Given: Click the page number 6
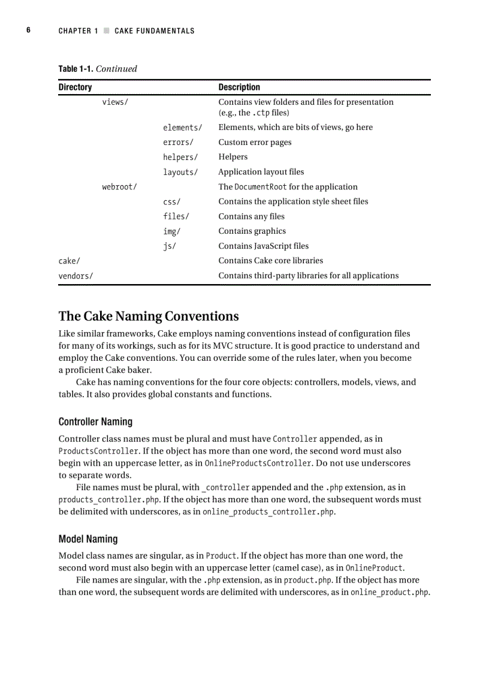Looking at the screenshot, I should [x=28, y=31].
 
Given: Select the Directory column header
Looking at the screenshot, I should [x=75, y=87].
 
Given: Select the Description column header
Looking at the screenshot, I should [x=239, y=87].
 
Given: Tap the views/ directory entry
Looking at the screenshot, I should [x=115, y=102].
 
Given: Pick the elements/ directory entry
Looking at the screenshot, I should [x=182, y=128].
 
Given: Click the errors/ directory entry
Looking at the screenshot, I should [x=178, y=143].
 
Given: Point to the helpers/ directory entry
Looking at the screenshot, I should [x=180, y=157].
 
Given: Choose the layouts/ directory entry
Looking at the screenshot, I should [x=180, y=172].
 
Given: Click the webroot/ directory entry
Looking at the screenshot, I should [x=119, y=187].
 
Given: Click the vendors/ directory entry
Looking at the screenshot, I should [x=76, y=276].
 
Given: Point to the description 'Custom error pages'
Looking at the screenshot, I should [x=255, y=143].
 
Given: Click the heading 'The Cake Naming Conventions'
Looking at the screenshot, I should [x=149, y=316].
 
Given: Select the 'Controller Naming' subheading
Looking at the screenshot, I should [x=95, y=422].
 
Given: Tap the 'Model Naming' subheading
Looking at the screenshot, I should [x=88, y=539].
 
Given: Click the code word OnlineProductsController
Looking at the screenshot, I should [x=258, y=463].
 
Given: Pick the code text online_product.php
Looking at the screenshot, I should [x=390, y=592].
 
